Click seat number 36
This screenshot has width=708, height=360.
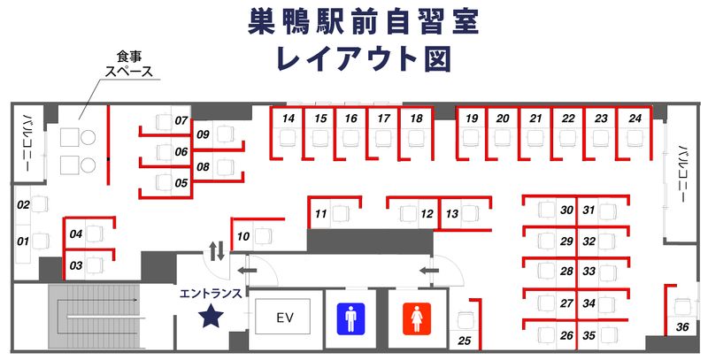682,327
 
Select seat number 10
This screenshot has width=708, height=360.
243,236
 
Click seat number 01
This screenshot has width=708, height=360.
24,240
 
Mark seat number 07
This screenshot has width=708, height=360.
181,120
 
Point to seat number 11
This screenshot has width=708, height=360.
321,214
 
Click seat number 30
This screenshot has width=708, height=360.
567,211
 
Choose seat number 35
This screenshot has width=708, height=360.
589,335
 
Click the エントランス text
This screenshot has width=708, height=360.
212,291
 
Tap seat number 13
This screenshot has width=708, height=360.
452,214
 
